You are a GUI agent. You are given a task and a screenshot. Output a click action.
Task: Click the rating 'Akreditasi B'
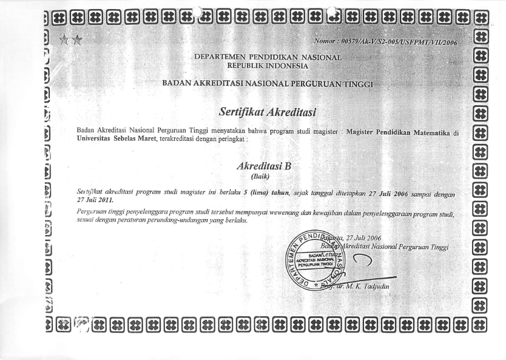pos(268,166)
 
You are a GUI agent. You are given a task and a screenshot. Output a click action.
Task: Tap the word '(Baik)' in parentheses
pos(268,176)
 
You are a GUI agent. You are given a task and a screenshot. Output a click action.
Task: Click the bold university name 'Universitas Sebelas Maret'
pos(112,139)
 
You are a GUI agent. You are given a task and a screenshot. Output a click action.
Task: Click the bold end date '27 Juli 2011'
pos(95,200)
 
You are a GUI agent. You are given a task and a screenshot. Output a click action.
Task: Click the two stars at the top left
pos(71,40)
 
